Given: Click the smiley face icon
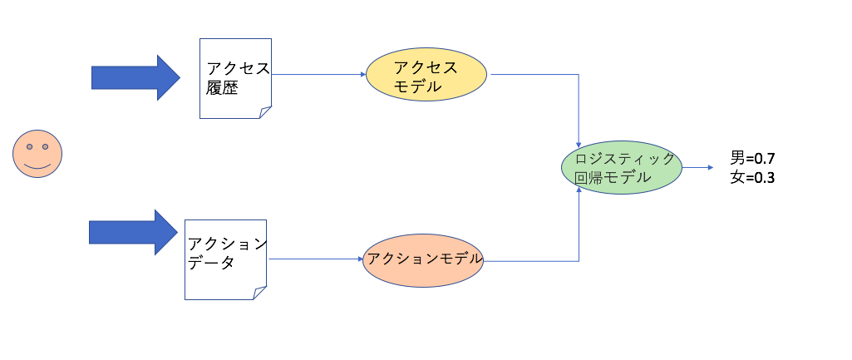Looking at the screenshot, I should point(38,154).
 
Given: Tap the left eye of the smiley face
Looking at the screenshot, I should point(30,147).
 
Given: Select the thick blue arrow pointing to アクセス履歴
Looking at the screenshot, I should point(135,77).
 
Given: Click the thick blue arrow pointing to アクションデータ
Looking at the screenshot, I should point(134,232).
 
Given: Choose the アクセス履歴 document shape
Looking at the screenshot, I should point(235,77).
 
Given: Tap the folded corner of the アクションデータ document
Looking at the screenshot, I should point(259,293).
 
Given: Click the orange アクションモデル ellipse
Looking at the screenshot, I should point(424,259).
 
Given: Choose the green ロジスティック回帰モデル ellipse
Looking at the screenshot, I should point(622,167).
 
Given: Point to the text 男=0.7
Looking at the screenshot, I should point(753,157).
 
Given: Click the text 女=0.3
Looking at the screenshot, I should point(753,177).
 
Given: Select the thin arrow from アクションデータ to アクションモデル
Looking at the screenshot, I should point(314,259).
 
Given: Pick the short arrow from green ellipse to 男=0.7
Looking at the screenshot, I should point(698,167).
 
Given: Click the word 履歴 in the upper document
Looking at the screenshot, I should point(222,88).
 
